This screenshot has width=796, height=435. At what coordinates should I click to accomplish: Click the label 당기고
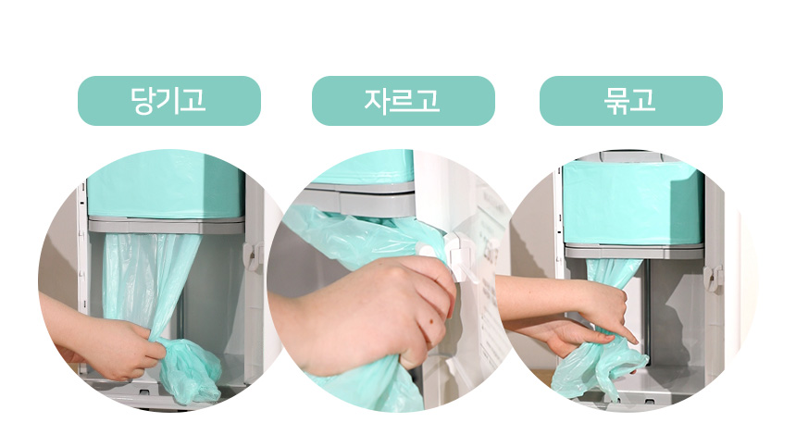(x=168, y=101)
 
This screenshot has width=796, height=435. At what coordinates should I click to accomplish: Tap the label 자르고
(x=402, y=101)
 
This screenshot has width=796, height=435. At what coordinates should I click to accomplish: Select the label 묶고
(x=630, y=101)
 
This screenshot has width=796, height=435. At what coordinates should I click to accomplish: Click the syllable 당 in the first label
(x=143, y=101)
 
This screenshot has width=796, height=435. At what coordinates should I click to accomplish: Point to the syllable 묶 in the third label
(x=616, y=101)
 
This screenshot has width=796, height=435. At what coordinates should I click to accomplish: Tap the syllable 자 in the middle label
(x=376, y=100)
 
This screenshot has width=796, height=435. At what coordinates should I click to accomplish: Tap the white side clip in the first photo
(x=253, y=255)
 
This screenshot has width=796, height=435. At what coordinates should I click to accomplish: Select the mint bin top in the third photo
(x=633, y=202)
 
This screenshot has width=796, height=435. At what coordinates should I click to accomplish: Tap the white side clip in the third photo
(x=714, y=279)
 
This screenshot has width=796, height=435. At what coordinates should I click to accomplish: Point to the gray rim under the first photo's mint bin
(x=167, y=225)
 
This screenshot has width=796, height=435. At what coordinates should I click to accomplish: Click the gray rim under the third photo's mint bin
(x=634, y=251)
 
